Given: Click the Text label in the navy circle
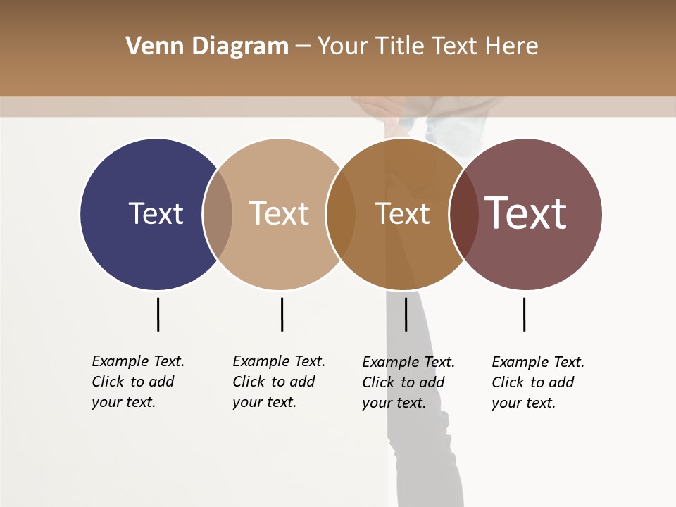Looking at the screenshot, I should [156, 213].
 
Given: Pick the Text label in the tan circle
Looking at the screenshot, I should [279, 213].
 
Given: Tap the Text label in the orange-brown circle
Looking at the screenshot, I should [402, 213].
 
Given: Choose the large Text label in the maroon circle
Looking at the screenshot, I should [526, 213].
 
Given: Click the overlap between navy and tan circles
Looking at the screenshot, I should [218, 214].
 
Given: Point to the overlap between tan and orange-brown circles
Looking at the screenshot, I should [341, 214].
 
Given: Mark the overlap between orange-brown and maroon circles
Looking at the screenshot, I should [464, 214].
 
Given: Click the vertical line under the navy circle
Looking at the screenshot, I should [158, 314].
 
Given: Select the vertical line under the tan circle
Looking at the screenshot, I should [282, 314].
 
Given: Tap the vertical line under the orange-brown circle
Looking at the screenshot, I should [406, 314].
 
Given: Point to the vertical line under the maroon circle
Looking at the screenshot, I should [524, 314].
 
